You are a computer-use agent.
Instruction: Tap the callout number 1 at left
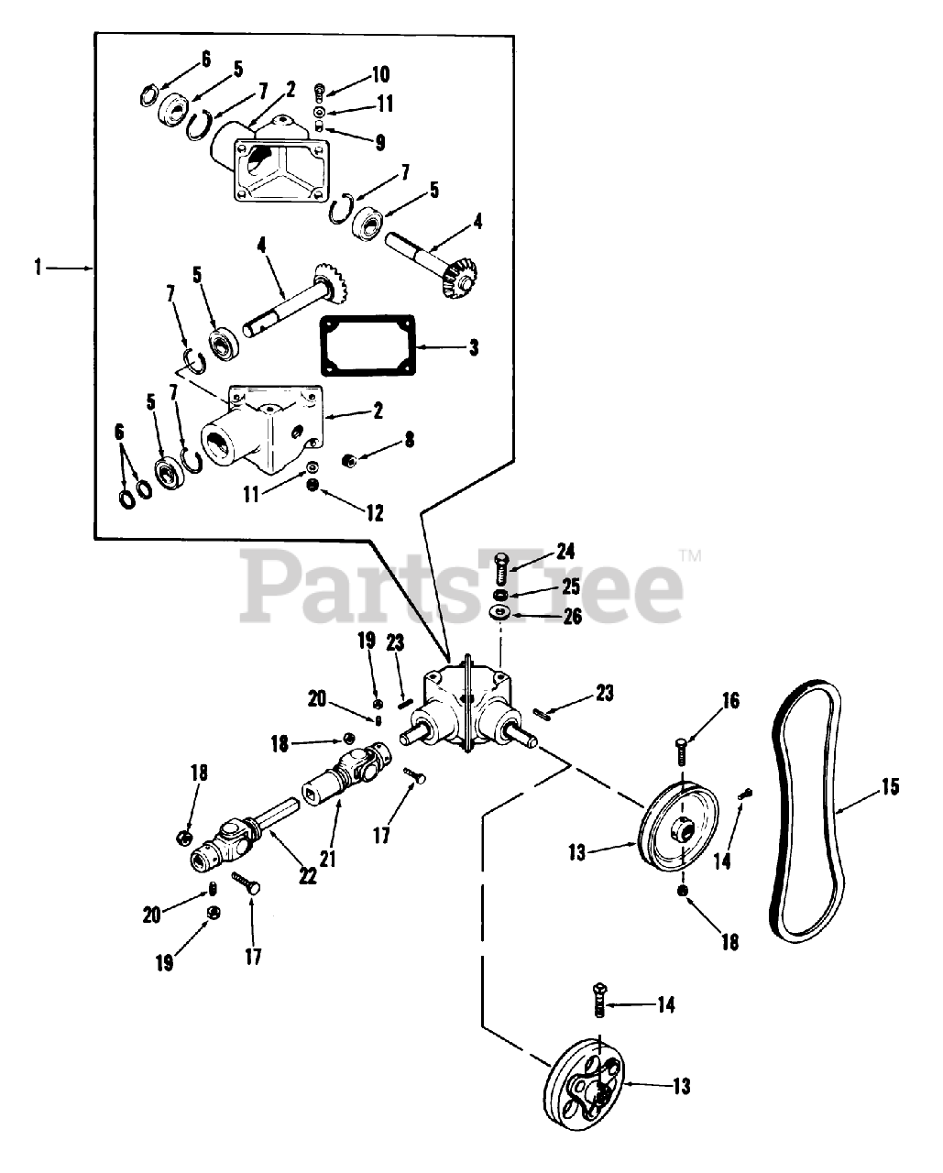(x=37, y=268)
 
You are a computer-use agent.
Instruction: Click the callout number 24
(x=565, y=552)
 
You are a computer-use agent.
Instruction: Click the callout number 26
(x=573, y=616)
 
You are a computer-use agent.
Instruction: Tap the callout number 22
(x=307, y=876)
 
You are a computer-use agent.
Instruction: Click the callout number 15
(x=889, y=786)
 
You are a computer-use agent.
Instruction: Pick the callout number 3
(x=473, y=347)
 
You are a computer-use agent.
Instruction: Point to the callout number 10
(x=380, y=73)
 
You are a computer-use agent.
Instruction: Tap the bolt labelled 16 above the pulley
(x=681, y=752)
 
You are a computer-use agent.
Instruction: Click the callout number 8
(x=409, y=440)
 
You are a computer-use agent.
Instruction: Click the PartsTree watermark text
(x=467, y=586)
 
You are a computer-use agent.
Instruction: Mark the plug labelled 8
(x=349, y=459)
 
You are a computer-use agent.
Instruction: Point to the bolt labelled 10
(x=318, y=90)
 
